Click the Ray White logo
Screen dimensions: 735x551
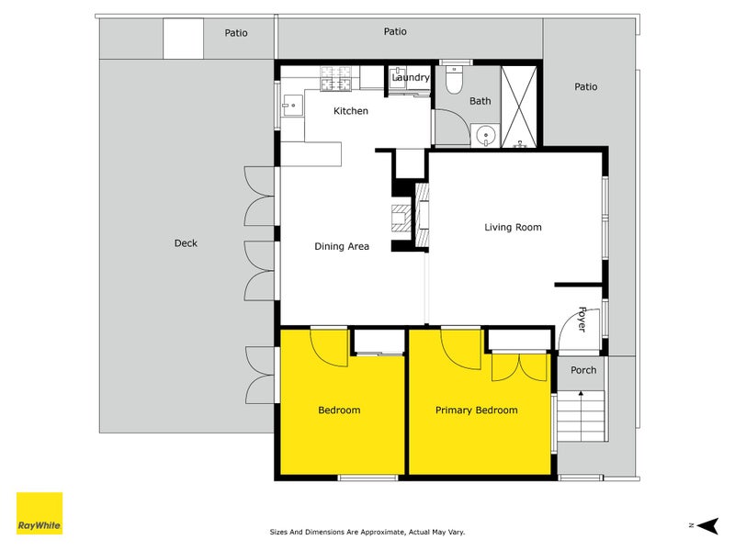[x=40, y=513]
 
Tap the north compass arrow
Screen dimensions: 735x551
[x=707, y=525]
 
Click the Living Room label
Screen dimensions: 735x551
[x=513, y=227]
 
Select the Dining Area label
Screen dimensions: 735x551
[x=342, y=246]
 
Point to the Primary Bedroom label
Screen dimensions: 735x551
[x=477, y=410]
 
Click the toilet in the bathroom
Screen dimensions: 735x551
[x=454, y=80]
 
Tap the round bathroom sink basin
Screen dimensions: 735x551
[x=486, y=136]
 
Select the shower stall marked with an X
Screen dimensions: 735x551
[x=519, y=107]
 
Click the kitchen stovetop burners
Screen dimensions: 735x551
[x=335, y=79]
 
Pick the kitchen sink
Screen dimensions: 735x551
[x=292, y=106]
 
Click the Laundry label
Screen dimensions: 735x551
[x=411, y=77]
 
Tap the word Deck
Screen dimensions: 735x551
[x=186, y=243]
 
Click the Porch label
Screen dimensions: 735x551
[x=583, y=370]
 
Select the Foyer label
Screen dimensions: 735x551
[x=582, y=319]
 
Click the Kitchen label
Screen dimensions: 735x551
[x=351, y=111]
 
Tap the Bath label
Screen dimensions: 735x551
[x=480, y=101]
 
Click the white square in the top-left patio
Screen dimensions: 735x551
[x=183, y=39]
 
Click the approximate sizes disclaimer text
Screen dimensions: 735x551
[x=367, y=532]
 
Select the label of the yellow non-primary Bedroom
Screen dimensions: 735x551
[x=339, y=410]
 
